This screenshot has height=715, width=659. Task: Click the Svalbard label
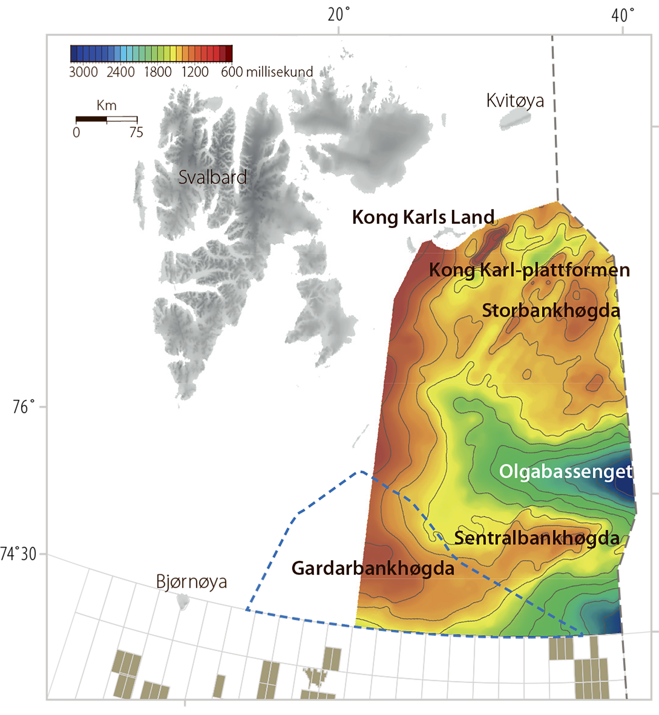[x=212, y=177]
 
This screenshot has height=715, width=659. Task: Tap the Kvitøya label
[x=515, y=101]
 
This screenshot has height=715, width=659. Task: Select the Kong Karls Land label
[x=423, y=217]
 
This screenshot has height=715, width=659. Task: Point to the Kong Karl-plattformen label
[x=523, y=270]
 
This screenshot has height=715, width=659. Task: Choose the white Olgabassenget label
[x=565, y=471]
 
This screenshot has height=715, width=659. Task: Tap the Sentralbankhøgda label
[x=537, y=538]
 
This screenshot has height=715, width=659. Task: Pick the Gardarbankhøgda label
[x=373, y=568]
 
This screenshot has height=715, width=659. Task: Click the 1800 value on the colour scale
[x=158, y=72]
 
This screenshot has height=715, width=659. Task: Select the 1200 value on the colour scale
[x=195, y=72]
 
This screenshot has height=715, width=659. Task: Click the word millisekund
[x=280, y=72]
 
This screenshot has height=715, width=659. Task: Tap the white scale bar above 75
[x=122, y=119]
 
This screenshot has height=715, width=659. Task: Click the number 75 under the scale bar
[x=136, y=132]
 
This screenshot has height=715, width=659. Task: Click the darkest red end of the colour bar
[x=229, y=53]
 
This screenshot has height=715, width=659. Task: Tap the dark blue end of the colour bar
[x=74, y=54]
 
